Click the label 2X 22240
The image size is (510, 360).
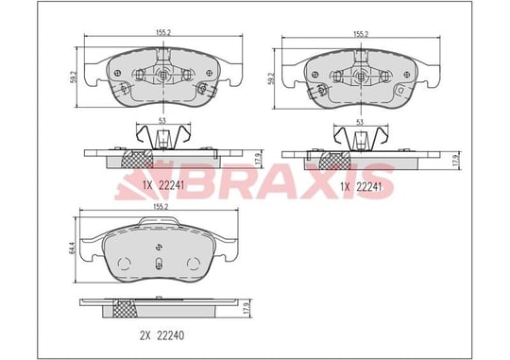point(162,335)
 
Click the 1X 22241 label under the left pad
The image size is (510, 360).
point(163,185)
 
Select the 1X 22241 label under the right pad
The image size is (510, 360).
point(361,187)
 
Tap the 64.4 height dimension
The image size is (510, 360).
point(72,249)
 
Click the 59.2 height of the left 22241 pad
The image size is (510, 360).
point(73,77)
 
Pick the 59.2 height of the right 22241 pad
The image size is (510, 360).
point(270,78)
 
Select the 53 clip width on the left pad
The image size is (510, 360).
point(162,121)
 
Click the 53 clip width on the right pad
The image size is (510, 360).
point(360,123)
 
